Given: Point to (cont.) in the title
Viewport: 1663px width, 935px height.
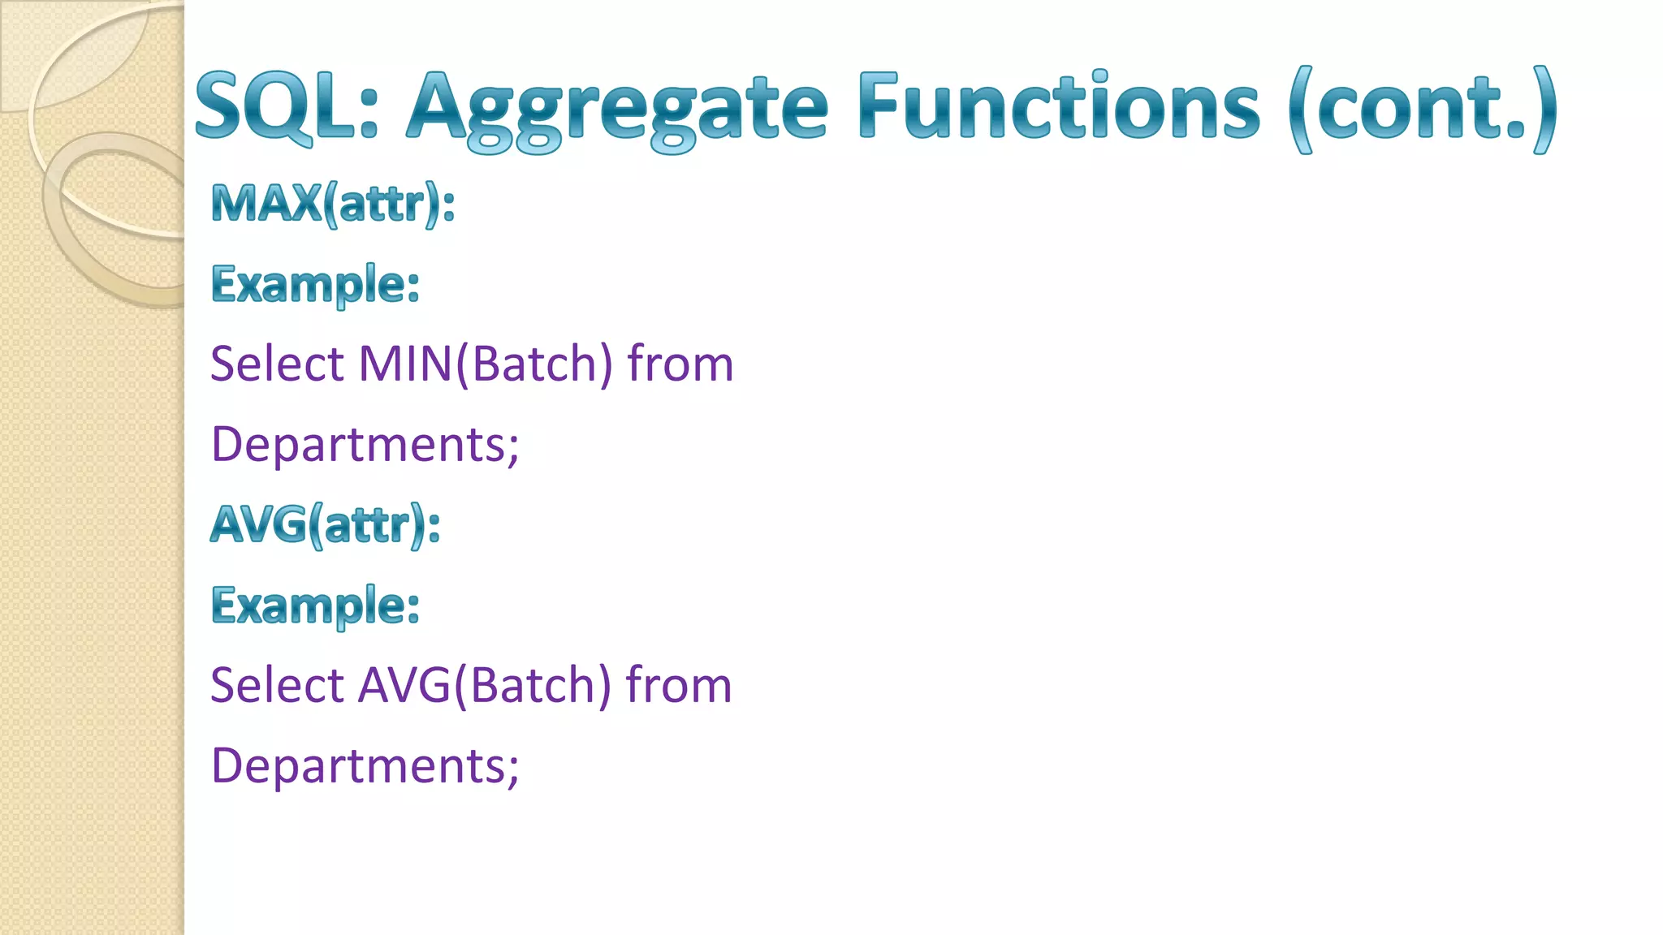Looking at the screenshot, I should (1423, 109).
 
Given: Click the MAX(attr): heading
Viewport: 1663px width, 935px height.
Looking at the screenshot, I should (332, 203).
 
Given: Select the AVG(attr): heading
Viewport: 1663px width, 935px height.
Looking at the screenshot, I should (325, 524).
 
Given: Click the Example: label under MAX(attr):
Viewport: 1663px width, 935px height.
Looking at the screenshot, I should (315, 284).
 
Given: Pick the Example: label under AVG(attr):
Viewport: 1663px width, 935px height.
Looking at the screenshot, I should (315, 605).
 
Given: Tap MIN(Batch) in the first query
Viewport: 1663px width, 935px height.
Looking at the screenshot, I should (485, 364).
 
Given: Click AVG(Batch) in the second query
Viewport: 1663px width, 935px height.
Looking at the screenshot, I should (484, 685).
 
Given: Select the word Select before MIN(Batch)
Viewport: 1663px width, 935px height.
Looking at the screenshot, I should (277, 364).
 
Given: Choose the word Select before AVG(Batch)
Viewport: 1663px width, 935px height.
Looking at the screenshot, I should (277, 685).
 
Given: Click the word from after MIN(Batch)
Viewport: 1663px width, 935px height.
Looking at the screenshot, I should (680, 364).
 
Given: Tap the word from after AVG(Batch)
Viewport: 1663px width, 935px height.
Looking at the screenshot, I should (679, 685).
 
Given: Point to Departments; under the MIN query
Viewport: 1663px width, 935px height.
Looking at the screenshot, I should (365, 445).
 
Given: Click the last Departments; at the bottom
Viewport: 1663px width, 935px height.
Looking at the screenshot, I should (365, 766).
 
